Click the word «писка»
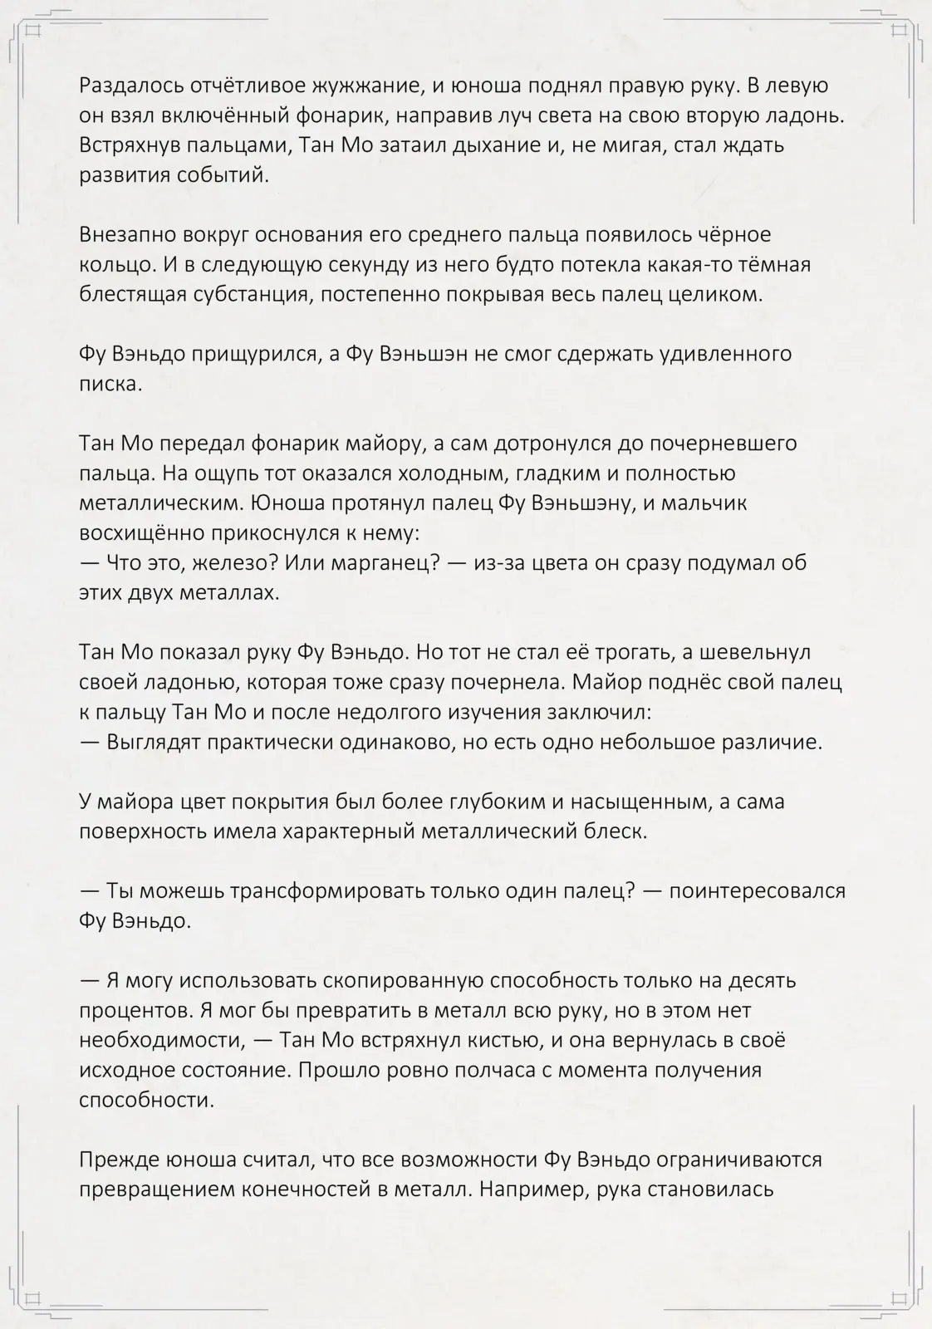(x=110, y=385)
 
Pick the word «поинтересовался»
(x=757, y=891)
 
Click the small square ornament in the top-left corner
(x=32, y=31)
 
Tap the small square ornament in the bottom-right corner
(x=899, y=1297)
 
